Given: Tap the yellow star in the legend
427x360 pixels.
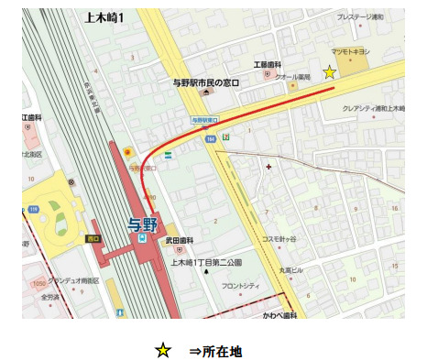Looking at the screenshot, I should click(161, 349).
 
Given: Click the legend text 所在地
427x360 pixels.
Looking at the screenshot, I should click(221, 350).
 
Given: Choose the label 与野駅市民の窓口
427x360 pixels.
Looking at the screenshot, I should click(205, 83).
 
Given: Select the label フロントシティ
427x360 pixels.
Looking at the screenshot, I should click(240, 286).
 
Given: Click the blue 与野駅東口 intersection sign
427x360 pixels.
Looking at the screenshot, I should click(205, 120).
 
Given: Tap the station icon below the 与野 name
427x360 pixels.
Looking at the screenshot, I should click(142, 238).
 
